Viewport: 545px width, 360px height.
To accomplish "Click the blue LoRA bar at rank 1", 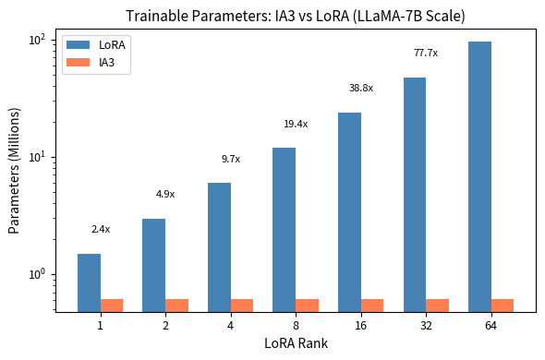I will click(x=89, y=282).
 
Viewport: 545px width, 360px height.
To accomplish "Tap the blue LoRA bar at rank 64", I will click(x=479, y=176).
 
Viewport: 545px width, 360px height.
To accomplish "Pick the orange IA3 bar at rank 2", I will click(x=177, y=306).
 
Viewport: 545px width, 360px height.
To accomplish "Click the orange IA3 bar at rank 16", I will click(x=372, y=306).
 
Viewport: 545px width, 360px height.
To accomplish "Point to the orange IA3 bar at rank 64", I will click(x=503, y=306).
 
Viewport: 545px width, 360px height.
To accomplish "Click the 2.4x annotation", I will click(x=100, y=229).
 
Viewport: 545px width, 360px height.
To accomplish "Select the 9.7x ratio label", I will click(x=230, y=159).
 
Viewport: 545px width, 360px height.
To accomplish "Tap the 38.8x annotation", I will click(x=360, y=88).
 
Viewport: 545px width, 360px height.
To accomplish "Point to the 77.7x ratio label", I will click(x=426, y=53).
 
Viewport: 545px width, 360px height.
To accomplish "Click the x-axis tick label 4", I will click(x=219, y=326).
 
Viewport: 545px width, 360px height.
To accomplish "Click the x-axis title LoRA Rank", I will click(x=296, y=344).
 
